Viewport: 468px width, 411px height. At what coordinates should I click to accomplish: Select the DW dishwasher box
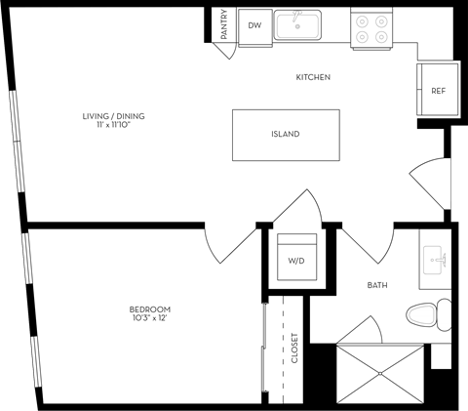coord(253,26)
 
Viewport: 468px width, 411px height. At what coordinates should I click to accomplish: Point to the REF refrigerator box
coord(438,91)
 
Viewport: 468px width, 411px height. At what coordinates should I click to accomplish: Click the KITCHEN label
coord(313,76)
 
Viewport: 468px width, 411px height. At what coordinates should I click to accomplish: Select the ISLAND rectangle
coord(286,135)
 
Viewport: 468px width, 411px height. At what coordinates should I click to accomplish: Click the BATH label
coord(377,285)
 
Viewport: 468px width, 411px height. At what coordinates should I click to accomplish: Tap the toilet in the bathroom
coord(428,314)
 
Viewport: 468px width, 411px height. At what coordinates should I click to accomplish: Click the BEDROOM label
coord(143,309)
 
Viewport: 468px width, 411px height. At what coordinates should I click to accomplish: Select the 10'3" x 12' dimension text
coord(143,319)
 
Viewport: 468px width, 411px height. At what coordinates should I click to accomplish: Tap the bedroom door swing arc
coord(227,246)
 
